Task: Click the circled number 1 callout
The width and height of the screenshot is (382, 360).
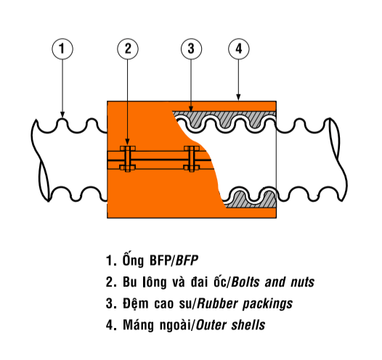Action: pyautogui.click(x=62, y=49)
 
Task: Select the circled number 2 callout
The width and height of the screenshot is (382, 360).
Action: pyautogui.click(x=128, y=49)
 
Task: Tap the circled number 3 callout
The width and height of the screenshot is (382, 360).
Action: pyautogui.click(x=191, y=49)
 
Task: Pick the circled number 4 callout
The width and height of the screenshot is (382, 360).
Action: pyautogui.click(x=239, y=49)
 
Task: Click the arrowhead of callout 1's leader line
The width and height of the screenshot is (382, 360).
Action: pyautogui.click(x=62, y=115)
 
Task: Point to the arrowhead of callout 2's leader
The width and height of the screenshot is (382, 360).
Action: pyautogui.click(x=127, y=142)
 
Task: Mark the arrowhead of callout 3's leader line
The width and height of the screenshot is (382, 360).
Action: pyautogui.click(x=191, y=109)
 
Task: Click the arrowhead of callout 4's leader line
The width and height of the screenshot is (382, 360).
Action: pyautogui.click(x=238, y=97)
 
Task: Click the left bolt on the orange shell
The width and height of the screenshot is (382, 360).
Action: pyautogui.click(x=128, y=158)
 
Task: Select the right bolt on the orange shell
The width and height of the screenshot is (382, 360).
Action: pyautogui.click(x=192, y=158)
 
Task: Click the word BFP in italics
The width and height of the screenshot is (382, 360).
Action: pyautogui.click(x=187, y=261)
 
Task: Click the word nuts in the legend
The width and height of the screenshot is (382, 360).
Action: pyautogui.click(x=302, y=282)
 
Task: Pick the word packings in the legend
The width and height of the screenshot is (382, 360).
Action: pyautogui.click(x=268, y=304)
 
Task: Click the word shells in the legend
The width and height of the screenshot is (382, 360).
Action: pyautogui.click(x=248, y=325)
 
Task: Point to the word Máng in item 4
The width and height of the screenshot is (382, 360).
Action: pyautogui.click(x=139, y=325)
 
